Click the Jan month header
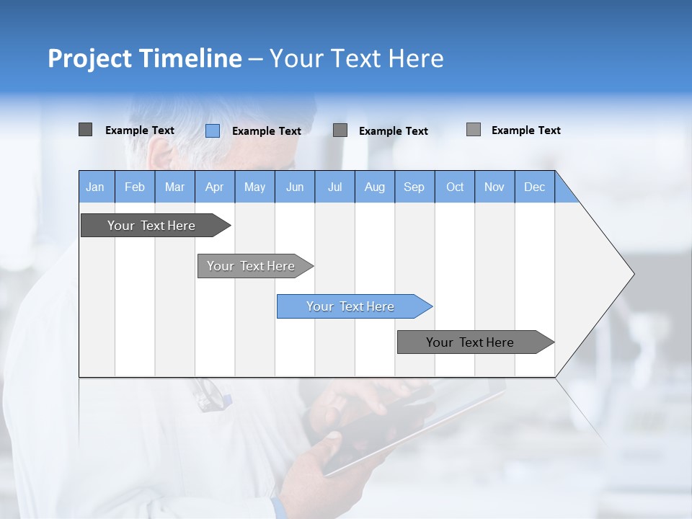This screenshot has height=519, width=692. pyautogui.click(x=95, y=187)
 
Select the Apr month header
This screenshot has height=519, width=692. pyautogui.click(x=214, y=187)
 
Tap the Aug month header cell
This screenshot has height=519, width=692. pyautogui.click(x=374, y=187)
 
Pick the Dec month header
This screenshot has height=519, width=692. pyautogui.click(x=534, y=187)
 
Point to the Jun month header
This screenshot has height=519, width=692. pyautogui.click(x=294, y=187)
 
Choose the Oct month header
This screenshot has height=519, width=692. pyautogui.click(x=454, y=187)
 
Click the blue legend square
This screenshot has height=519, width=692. pyautogui.click(x=212, y=130)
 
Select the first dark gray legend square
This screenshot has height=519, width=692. pyautogui.click(x=85, y=130)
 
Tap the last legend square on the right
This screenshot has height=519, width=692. pyautogui.click(x=473, y=130)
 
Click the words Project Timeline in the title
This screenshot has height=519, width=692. pyautogui.click(x=144, y=58)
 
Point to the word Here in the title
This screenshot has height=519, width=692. pyautogui.click(x=416, y=58)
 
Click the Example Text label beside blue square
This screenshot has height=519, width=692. pyautogui.click(x=266, y=131)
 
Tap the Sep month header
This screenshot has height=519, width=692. pyautogui.click(x=414, y=187)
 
